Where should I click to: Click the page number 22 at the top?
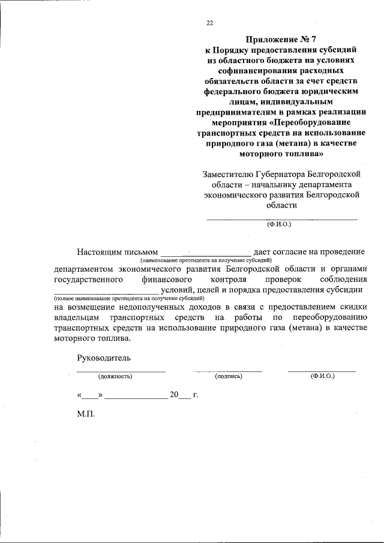coord(209,23)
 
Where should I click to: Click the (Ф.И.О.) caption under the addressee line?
coord(278,224)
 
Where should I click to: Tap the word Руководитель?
coord(104,358)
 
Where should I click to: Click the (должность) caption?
coord(115,376)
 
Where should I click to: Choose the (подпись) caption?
coord(228,376)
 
